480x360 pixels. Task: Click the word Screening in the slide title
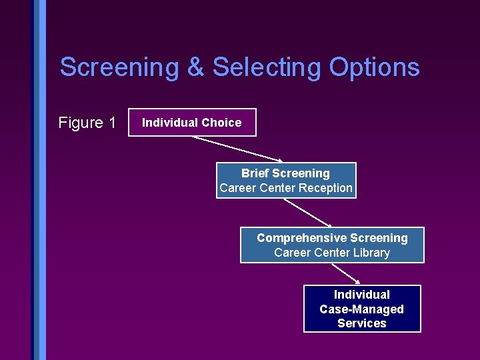(x=119, y=67)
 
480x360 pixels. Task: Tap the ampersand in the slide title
(x=196, y=67)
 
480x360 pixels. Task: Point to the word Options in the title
(x=374, y=67)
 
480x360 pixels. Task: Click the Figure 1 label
(x=87, y=123)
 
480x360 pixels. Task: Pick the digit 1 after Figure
(x=111, y=123)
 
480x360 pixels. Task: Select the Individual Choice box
(x=192, y=123)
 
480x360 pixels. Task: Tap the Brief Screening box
(x=286, y=181)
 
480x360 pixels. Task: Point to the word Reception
(x=325, y=188)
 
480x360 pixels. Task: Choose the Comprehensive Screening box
(x=332, y=245)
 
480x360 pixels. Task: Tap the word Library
(x=372, y=253)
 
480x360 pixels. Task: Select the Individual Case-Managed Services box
(x=362, y=309)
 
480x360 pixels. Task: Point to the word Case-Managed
(x=362, y=309)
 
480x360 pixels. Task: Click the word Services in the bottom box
(x=362, y=323)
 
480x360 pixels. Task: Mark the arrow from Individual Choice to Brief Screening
(x=237, y=149)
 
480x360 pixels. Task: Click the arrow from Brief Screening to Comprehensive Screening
(x=307, y=213)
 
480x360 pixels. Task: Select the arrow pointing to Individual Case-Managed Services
(x=346, y=273)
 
